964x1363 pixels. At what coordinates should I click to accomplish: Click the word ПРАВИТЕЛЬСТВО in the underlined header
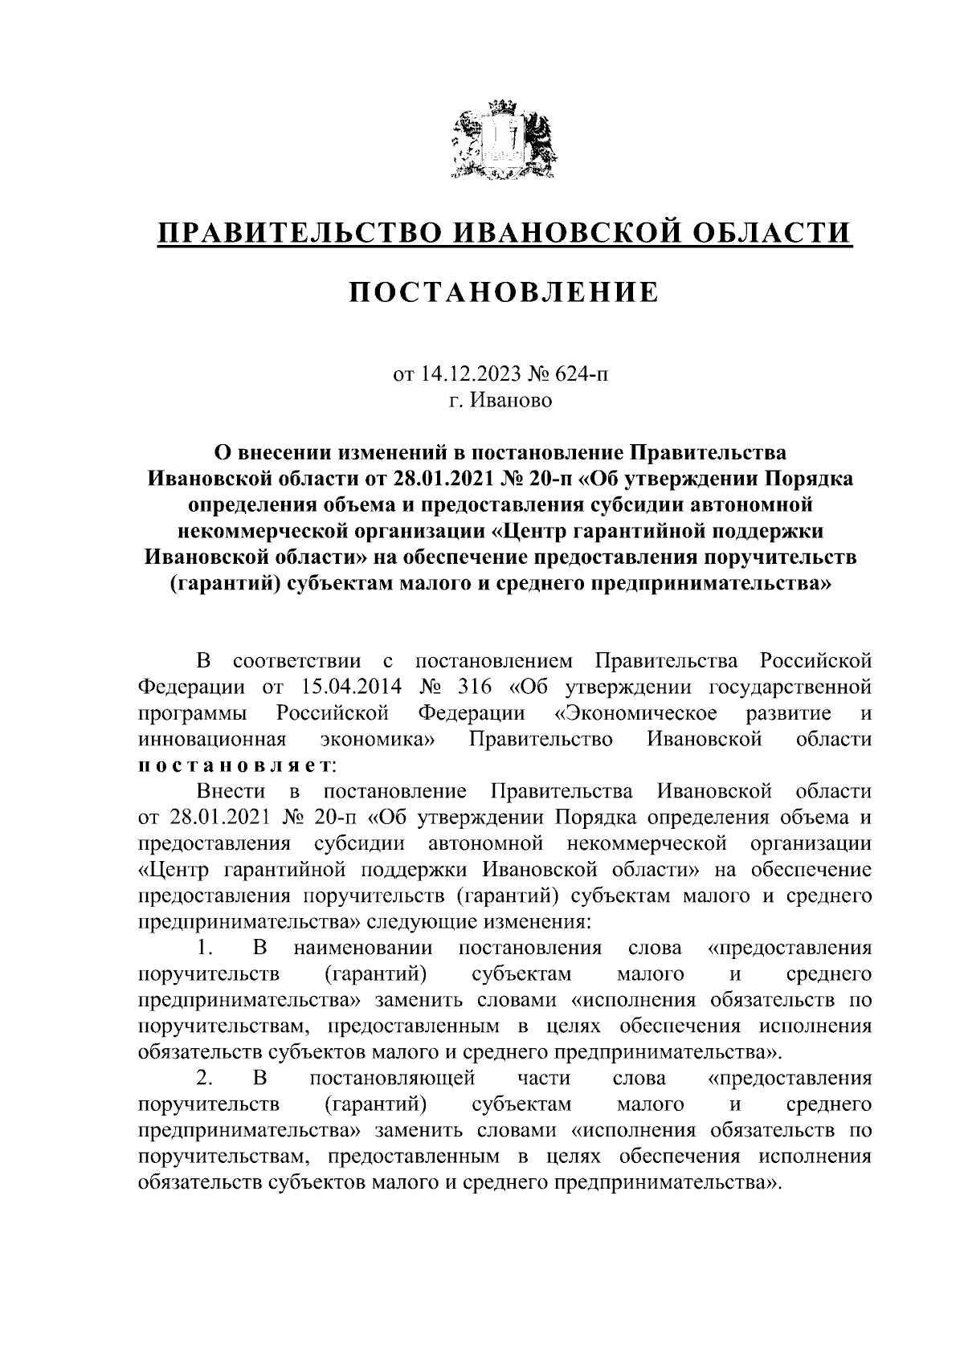pyautogui.click(x=300, y=233)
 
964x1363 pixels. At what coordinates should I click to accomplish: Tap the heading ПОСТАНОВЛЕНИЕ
pyautogui.click(x=504, y=292)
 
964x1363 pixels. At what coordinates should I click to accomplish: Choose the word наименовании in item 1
pyautogui.click(x=363, y=948)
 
